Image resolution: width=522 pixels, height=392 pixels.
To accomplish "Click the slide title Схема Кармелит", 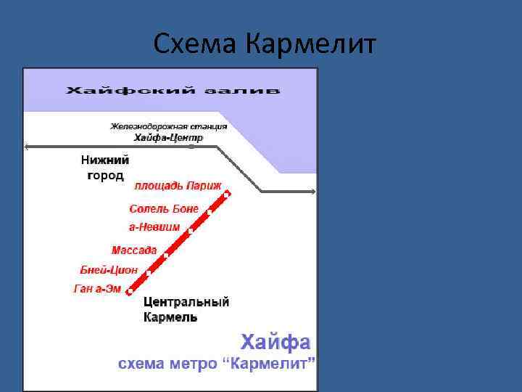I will [265, 45].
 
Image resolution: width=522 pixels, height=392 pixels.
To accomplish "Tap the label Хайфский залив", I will [173, 91].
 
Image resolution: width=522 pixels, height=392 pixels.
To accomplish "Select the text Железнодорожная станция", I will [168, 126].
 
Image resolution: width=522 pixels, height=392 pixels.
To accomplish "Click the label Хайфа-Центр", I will [169, 137].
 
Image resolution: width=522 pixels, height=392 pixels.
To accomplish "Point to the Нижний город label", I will [103, 168].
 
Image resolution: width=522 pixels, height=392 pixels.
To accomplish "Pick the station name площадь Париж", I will [178, 186].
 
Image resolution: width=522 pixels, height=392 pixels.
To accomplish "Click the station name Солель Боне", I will [163, 209].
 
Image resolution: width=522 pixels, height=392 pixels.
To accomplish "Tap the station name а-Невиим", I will [154, 227].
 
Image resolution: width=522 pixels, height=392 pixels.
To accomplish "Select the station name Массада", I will [134, 250].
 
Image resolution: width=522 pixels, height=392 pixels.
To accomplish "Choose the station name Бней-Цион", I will [109, 270].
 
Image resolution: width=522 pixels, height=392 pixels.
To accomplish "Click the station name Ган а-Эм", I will [98, 289].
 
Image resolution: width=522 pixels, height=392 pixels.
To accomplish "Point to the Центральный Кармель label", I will [186, 310].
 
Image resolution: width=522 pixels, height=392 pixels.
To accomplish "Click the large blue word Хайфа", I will [275, 342].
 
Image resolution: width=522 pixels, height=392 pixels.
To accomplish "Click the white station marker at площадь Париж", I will [227, 194].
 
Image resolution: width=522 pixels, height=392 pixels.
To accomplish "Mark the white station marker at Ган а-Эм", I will [130, 292].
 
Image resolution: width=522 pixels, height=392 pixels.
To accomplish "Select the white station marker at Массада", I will [166, 256].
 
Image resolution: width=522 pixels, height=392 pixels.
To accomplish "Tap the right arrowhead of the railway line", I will [312, 192].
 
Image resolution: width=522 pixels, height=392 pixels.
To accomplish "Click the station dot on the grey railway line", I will [191, 147].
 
